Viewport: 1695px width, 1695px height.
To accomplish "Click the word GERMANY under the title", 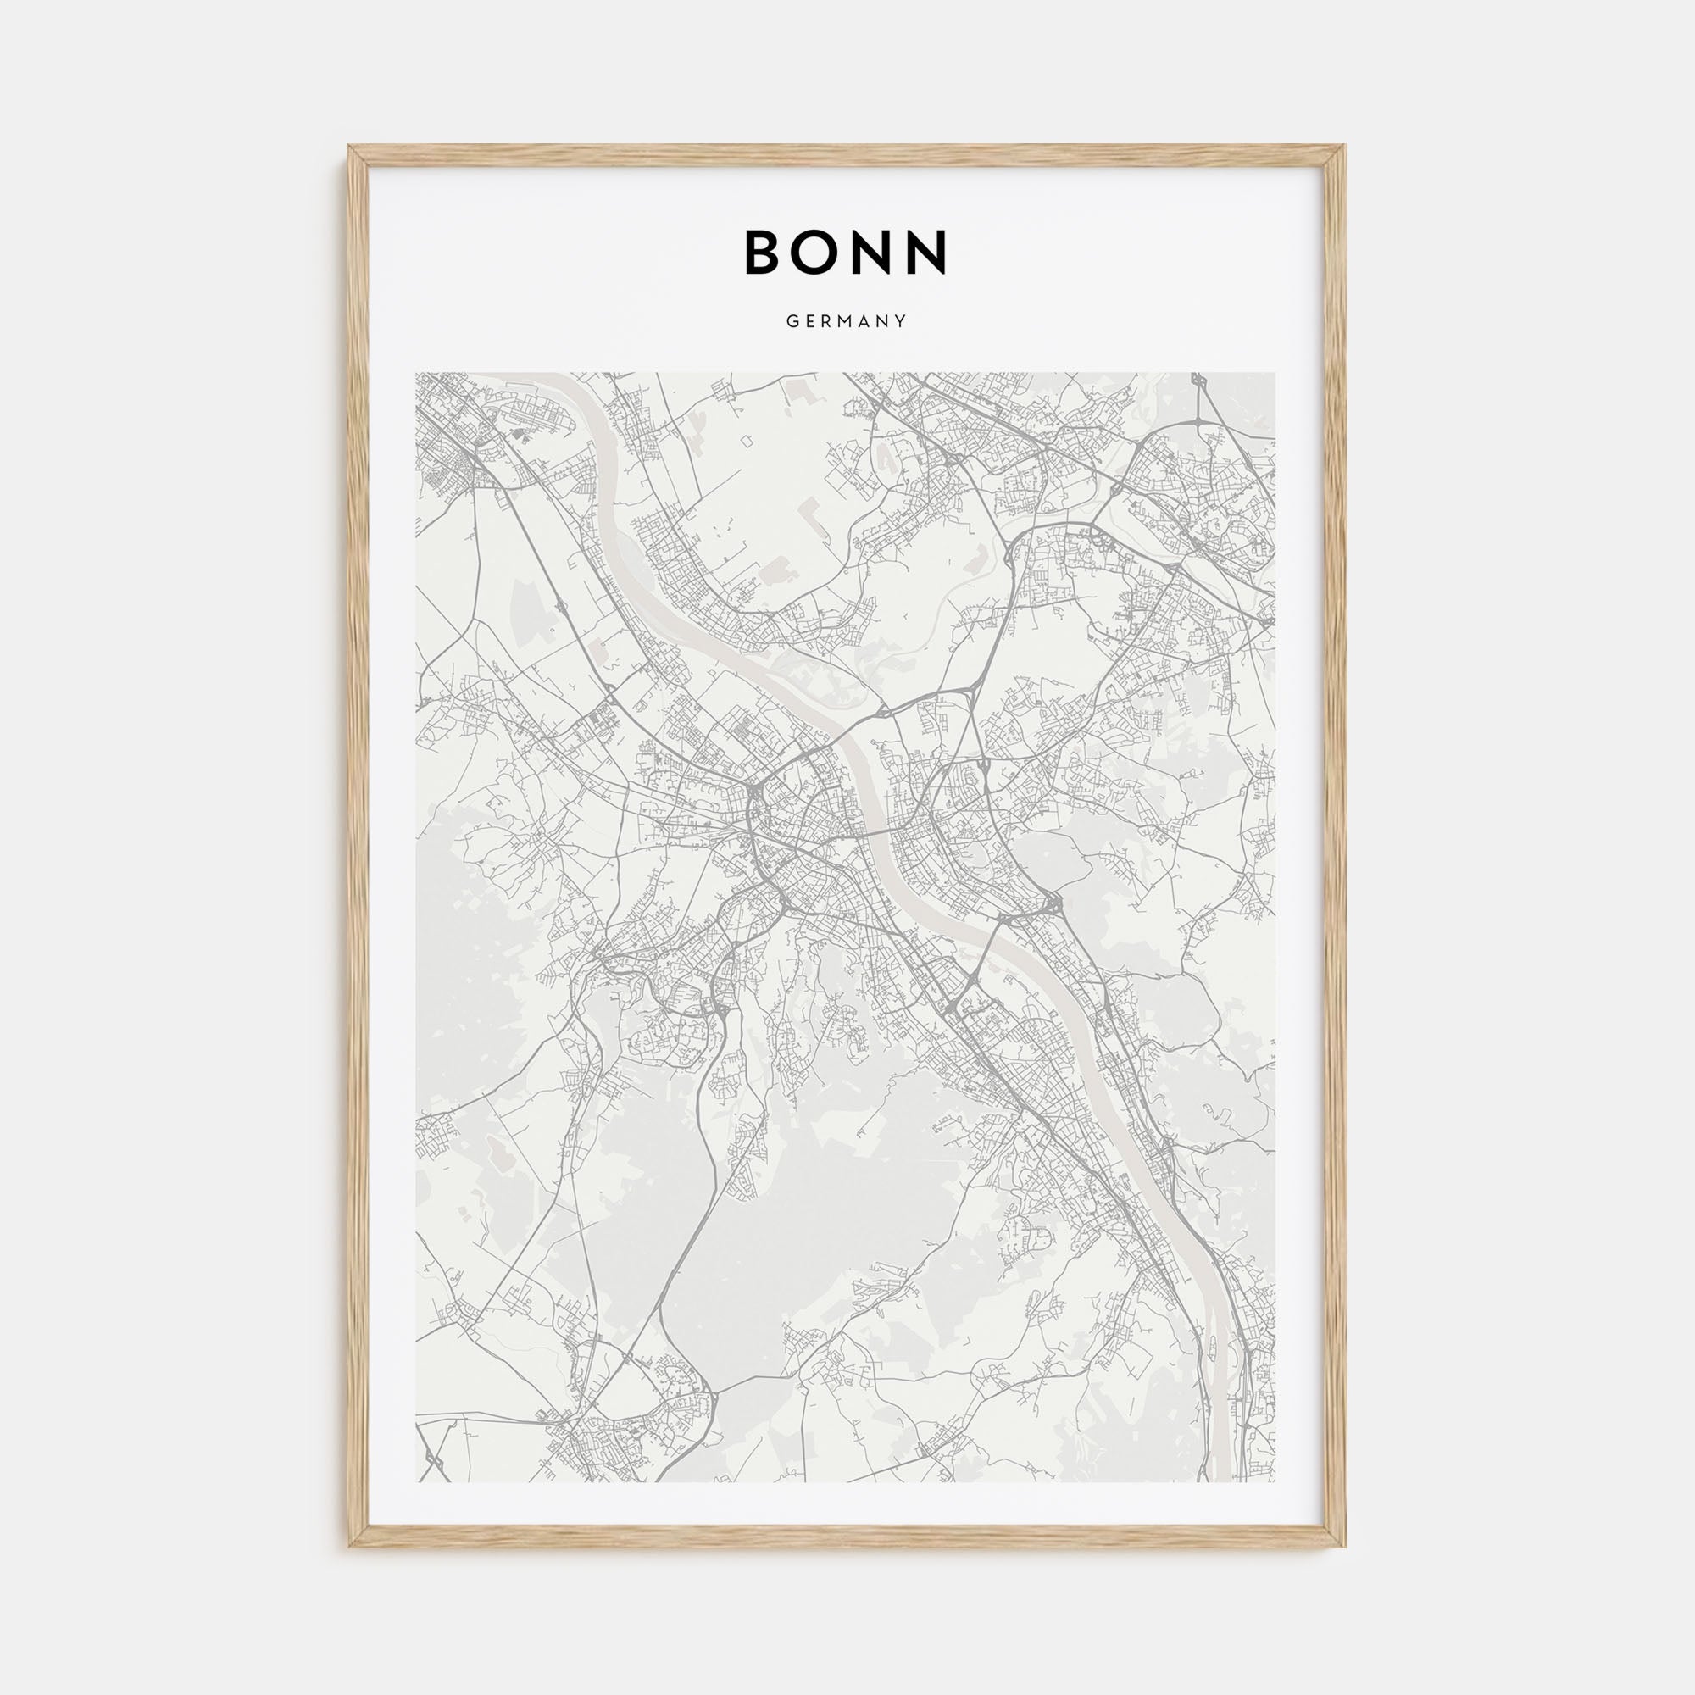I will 847,322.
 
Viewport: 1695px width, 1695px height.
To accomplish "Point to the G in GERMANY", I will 792,322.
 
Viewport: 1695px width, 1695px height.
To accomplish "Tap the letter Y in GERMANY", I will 901,322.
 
